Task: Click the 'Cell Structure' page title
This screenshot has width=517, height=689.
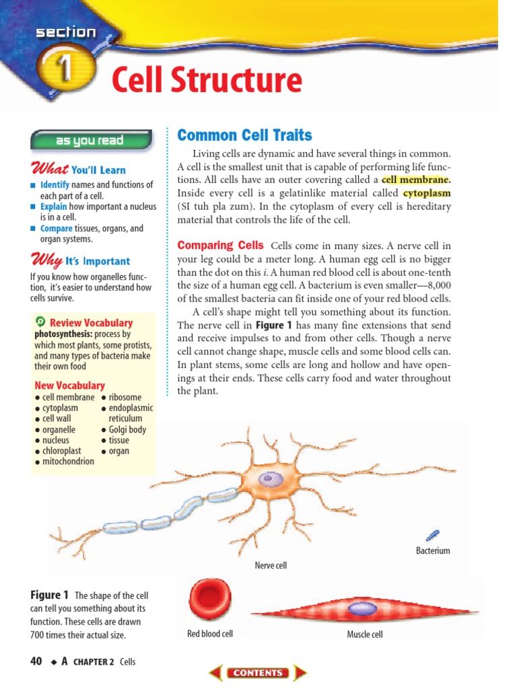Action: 206,81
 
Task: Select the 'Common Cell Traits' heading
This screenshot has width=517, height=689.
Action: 244,135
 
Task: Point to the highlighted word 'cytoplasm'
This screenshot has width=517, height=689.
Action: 427,193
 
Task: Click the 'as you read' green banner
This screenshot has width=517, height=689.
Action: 90,141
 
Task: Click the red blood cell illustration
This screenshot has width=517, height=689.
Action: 209,599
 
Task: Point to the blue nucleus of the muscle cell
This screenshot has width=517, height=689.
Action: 363,609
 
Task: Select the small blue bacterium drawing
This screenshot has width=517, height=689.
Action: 432,536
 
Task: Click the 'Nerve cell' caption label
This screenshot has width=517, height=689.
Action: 271,565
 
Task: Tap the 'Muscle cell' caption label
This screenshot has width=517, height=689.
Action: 364,634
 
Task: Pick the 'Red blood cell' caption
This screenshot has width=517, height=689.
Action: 210,634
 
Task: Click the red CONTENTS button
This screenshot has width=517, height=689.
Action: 258,672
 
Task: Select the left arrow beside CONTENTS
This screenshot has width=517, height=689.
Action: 215,672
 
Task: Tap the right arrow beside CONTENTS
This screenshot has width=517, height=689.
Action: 300,672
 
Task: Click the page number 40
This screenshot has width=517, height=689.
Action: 36,661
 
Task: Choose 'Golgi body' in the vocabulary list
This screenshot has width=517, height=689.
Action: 127,429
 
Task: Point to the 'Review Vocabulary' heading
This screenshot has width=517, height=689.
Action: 91,323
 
